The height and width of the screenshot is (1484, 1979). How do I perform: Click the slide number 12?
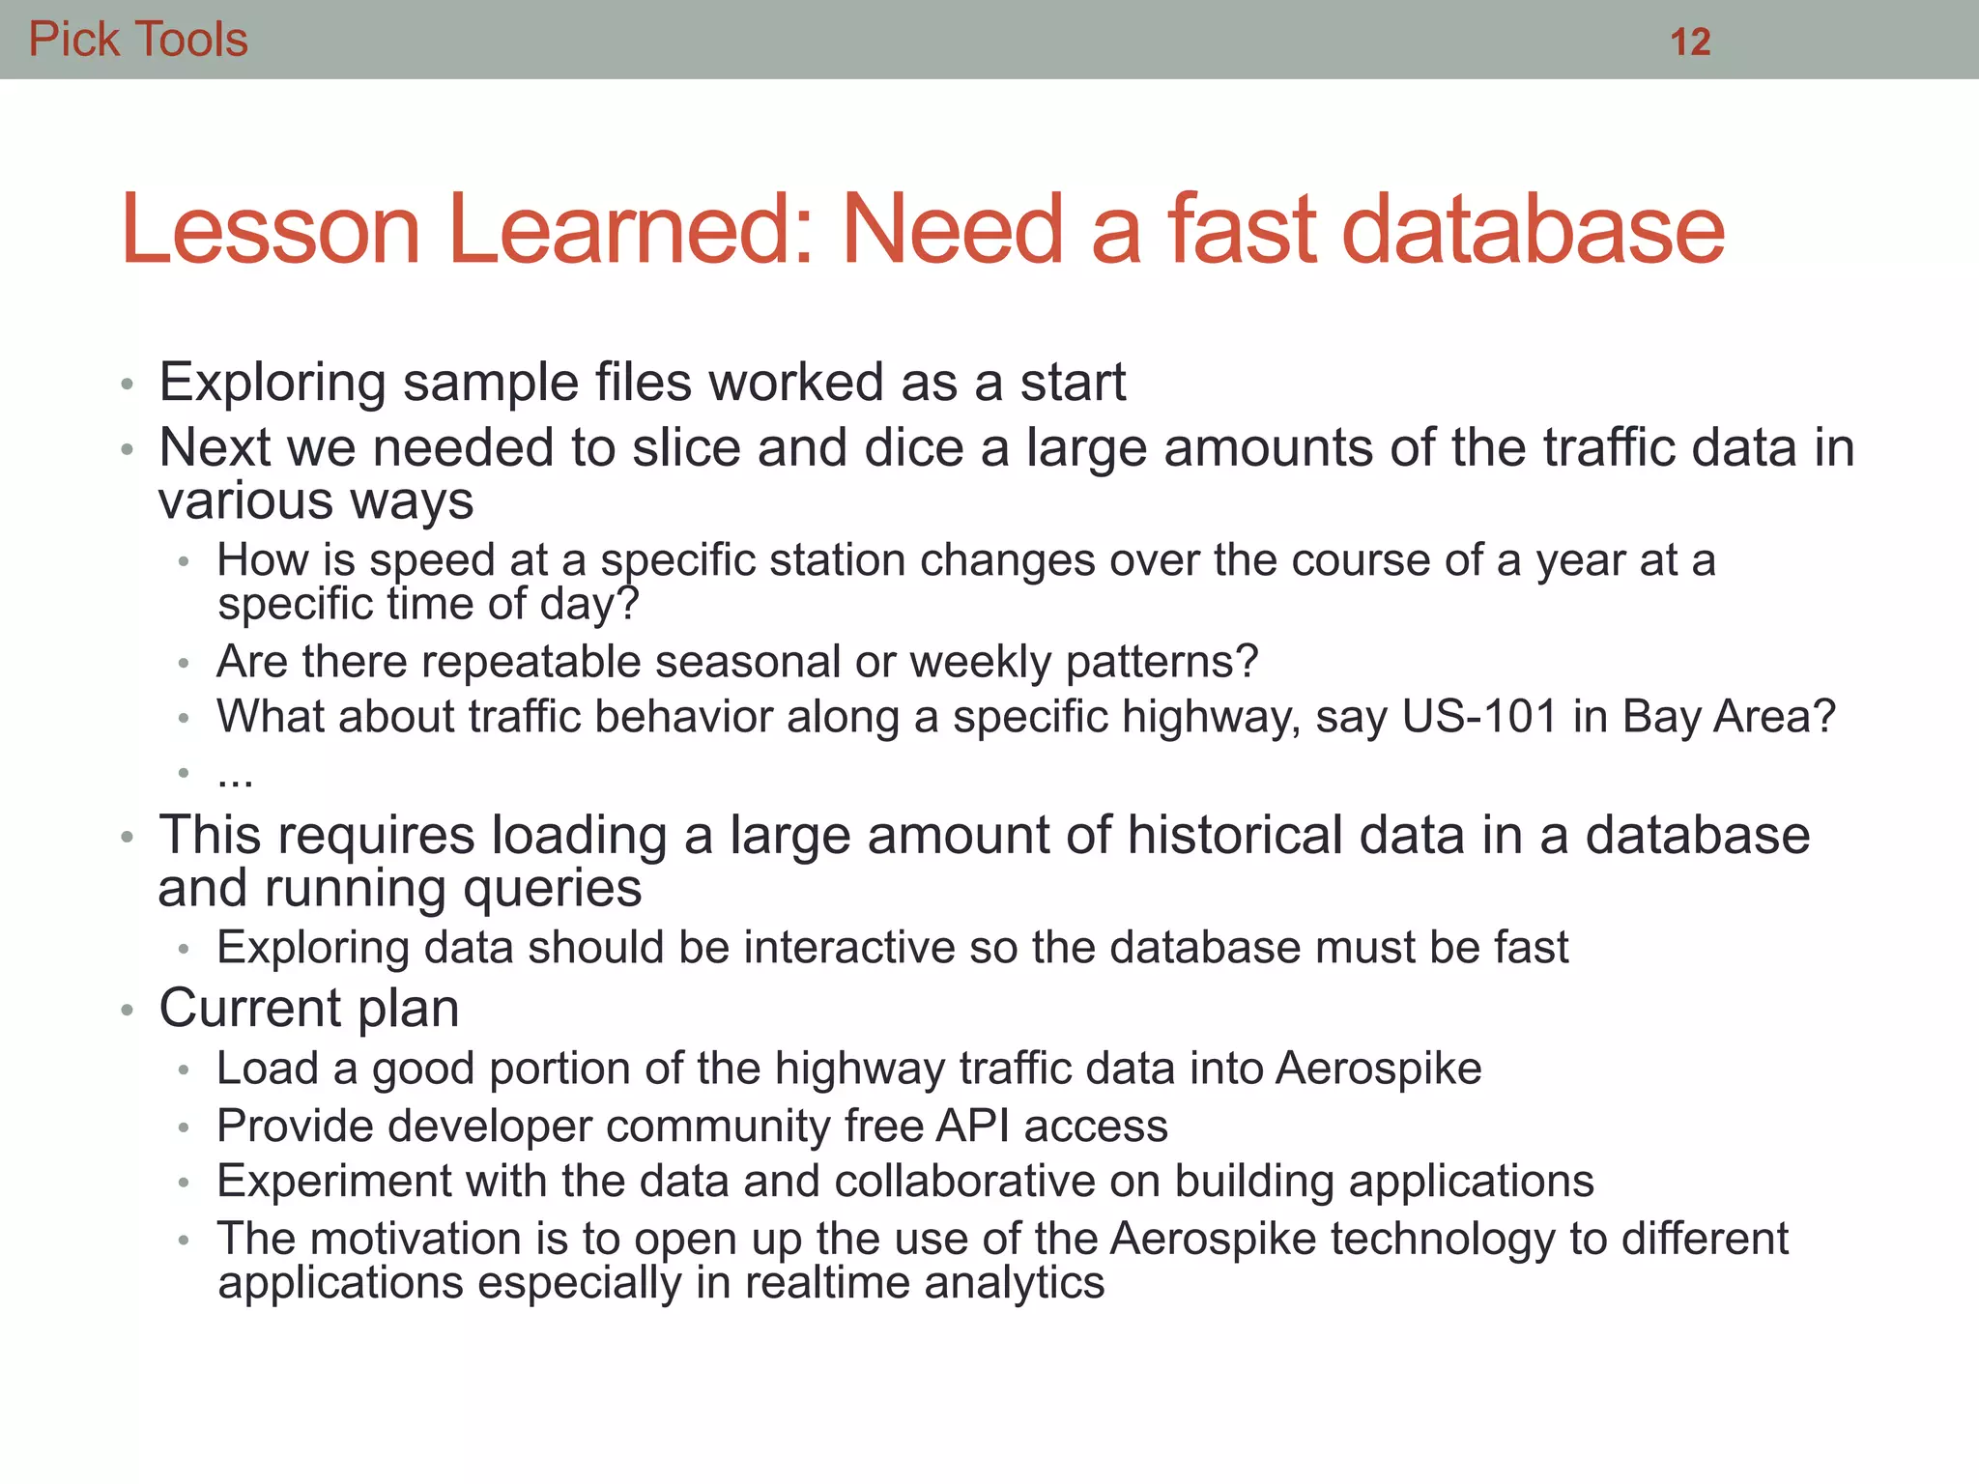click(1690, 42)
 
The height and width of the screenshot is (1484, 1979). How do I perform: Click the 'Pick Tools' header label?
click(138, 40)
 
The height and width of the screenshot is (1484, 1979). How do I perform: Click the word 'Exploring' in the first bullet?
click(272, 383)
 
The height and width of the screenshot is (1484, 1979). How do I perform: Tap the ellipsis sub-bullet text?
click(235, 776)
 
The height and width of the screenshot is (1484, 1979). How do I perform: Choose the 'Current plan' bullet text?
click(308, 1009)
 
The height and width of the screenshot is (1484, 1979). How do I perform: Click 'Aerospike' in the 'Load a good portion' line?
click(1378, 1069)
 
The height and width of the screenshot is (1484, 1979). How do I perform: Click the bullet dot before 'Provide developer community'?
click(184, 1127)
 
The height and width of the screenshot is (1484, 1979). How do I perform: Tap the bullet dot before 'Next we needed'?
click(126, 449)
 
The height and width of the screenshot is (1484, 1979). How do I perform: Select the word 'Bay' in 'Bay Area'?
click(1661, 717)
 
